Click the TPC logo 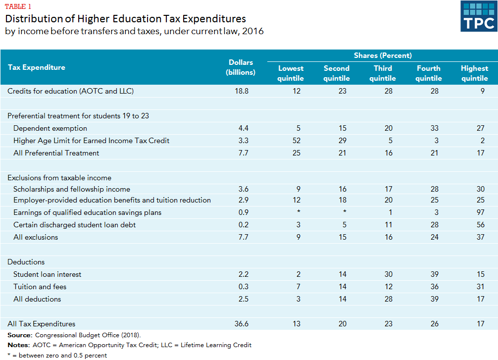(478, 16)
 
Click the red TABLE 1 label (19, 6)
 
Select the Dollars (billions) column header (241, 67)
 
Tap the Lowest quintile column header (291, 73)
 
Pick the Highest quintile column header (474, 73)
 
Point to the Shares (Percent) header (383, 55)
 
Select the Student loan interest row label (47, 274)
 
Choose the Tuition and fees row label (40, 287)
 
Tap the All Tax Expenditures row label (42, 324)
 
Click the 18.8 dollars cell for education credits (241, 91)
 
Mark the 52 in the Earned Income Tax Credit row (296, 141)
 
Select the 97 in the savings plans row (480, 212)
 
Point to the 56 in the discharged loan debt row (480, 225)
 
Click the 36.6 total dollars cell (241, 324)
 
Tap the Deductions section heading (26, 262)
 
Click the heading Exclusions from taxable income (59, 178)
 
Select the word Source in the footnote (19, 335)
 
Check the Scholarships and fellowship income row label (72, 189)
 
